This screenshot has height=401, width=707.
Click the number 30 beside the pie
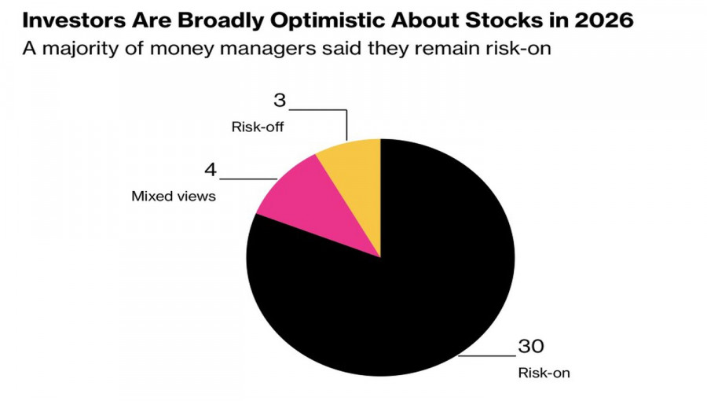coord(531,346)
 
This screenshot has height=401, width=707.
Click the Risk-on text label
coord(544,373)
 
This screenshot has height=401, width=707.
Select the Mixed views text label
coord(173,196)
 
